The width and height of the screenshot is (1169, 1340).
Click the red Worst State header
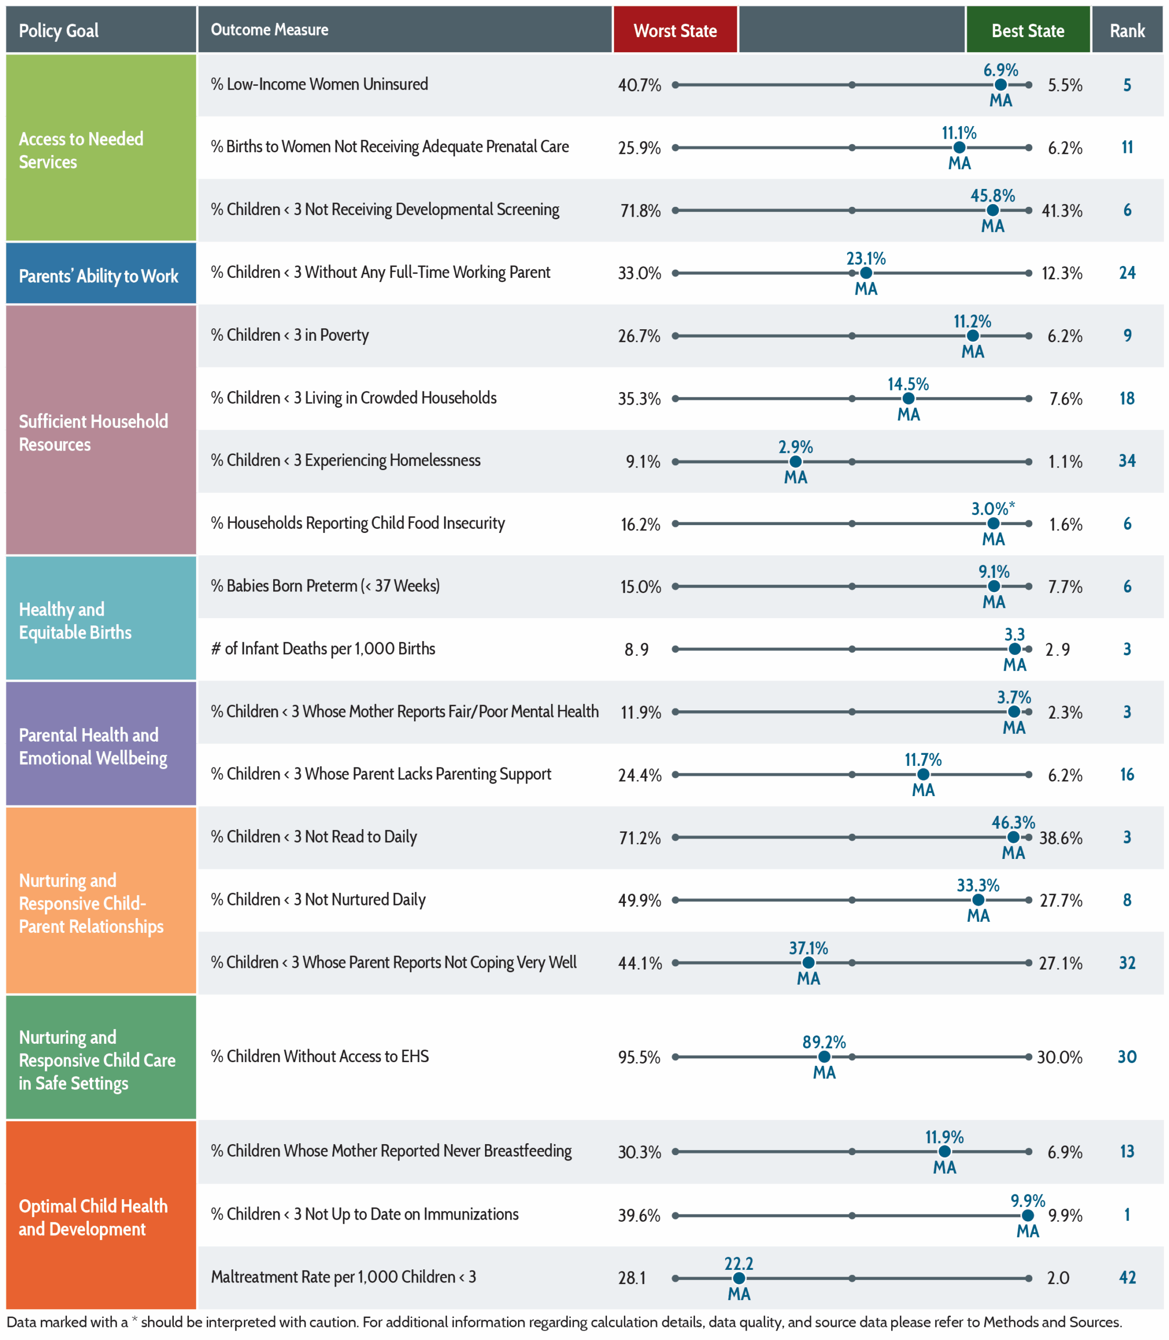(x=675, y=29)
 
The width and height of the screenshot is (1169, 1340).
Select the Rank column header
(x=1127, y=29)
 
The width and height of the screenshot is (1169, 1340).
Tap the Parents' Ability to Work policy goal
(x=98, y=276)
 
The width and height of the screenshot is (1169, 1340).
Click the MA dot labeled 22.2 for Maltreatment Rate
(x=738, y=1278)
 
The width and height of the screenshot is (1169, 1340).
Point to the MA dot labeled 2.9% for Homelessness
(x=795, y=461)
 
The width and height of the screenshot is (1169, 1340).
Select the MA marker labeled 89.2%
(x=824, y=1056)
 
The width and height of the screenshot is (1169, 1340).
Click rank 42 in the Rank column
(x=1127, y=1277)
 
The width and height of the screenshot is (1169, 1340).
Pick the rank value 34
(x=1127, y=461)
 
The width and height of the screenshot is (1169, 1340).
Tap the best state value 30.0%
(x=1060, y=1057)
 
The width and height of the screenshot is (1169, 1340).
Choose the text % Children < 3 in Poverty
(x=290, y=336)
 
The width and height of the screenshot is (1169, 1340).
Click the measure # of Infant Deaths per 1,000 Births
(x=323, y=649)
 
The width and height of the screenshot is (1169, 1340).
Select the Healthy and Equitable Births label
(x=75, y=620)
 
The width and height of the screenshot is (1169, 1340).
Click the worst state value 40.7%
(x=639, y=85)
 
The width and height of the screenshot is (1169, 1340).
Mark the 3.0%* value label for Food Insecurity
(x=993, y=508)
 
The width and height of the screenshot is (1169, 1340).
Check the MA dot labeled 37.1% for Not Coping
(x=808, y=962)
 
